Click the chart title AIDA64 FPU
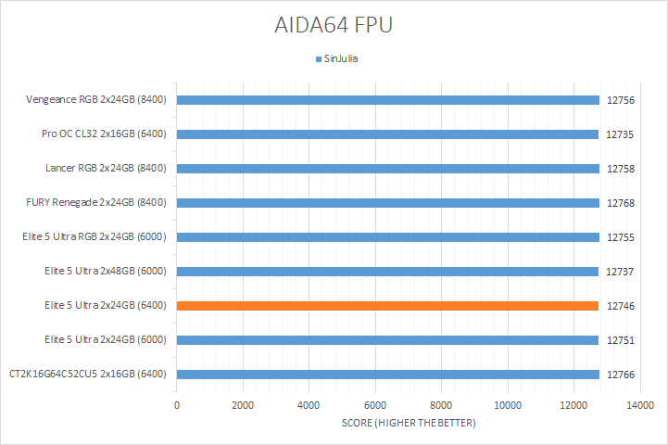point(334,25)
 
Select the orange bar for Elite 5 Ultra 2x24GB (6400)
point(387,306)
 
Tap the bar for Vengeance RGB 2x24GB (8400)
point(387,100)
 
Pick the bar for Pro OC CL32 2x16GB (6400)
point(387,134)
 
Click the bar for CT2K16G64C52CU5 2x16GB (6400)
point(387,375)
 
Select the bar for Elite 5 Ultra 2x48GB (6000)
point(387,272)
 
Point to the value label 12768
point(620,203)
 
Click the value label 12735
point(620,134)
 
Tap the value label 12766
point(620,375)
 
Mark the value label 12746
point(620,306)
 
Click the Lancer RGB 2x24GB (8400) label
point(106,169)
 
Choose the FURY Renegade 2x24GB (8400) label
point(96,203)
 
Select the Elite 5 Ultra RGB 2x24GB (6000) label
point(95,237)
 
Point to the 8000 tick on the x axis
point(441,405)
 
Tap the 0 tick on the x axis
point(177,405)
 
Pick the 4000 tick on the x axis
point(309,405)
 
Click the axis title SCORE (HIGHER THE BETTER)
point(408,424)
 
